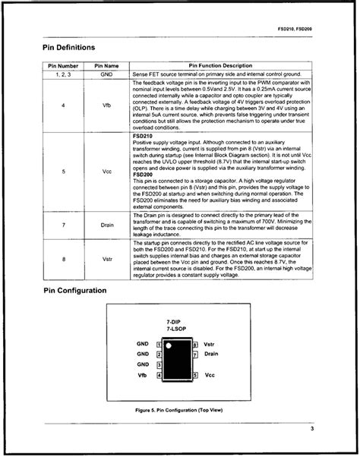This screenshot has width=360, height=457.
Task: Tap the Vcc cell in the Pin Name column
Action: point(106,172)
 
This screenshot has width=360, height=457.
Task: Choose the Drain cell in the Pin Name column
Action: point(106,225)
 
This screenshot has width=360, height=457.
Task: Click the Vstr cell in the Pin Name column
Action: point(106,259)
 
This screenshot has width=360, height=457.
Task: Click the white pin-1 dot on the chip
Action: point(170,346)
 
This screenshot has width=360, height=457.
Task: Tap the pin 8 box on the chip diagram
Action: point(195,345)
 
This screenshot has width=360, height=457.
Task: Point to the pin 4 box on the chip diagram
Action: point(158,375)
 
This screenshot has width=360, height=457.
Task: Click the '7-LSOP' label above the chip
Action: point(176,329)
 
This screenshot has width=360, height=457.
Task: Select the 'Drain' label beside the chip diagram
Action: point(212,354)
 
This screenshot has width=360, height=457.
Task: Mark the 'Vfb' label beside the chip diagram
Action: point(141,375)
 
